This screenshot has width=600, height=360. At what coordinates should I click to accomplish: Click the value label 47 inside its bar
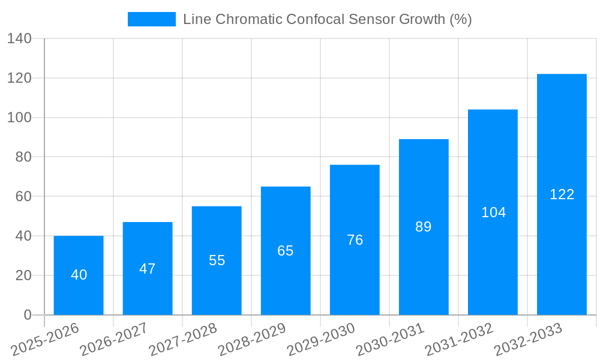pos(148,269)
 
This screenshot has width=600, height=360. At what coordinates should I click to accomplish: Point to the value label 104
pos(493,212)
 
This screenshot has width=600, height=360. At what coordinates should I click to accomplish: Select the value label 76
pos(355,240)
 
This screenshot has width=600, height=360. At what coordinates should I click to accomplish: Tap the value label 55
pos(217,260)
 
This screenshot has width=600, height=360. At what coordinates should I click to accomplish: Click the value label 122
pos(562,194)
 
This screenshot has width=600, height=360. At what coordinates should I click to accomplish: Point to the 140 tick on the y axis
pos(19,39)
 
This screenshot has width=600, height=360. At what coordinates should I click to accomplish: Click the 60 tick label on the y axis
pos(23,197)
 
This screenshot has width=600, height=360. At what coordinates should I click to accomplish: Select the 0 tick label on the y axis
pos(28,315)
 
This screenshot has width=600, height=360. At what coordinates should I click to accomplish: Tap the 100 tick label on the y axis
pos(19,118)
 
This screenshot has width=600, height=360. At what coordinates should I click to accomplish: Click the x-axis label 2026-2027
pos(114,339)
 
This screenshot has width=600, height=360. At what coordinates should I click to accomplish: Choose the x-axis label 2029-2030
pos(321,339)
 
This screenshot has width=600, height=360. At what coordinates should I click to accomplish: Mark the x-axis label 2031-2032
pos(459,339)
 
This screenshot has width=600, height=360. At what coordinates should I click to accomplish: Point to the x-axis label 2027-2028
pos(183,339)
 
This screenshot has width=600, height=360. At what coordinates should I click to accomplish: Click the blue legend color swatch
pos(152,19)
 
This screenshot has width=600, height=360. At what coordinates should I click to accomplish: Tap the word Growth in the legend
pos(418,19)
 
